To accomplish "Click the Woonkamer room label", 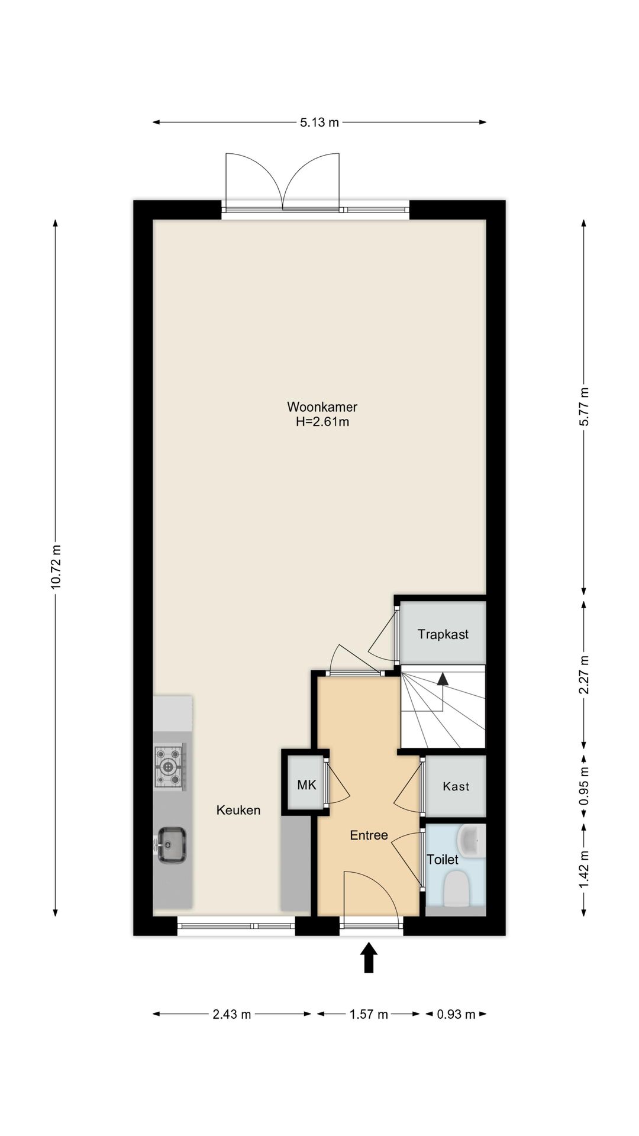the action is (x=322, y=406).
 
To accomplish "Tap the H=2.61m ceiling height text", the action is (x=322, y=422).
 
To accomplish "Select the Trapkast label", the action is (x=443, y=634).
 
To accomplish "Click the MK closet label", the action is (x=306, y=785).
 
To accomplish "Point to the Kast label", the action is (x=456, y=786).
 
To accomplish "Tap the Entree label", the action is (x=369, y=835).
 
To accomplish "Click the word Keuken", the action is (x=238, y=810).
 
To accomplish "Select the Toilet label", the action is (x=443, y=859).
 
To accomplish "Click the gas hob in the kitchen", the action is (x=170, y=767).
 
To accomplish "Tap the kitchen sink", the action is (x=171, y=844).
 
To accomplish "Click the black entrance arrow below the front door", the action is (x=369, y=957).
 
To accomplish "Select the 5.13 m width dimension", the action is (x=319, y=122).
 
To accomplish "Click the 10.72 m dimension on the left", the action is (x=56, y=566).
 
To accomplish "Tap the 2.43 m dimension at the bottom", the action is (x=232, y=1015).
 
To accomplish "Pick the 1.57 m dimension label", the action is (x=369, y=1015).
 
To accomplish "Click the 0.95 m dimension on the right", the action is (x=585, y=786).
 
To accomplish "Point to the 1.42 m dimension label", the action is (x=585, y=869).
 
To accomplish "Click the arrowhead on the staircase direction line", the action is (x=442, y=679).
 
